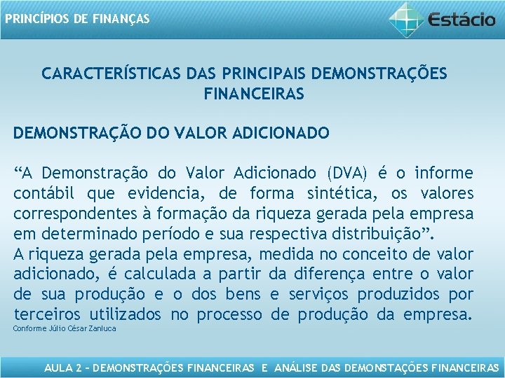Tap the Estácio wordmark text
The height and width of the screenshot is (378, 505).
(x=462, y=19)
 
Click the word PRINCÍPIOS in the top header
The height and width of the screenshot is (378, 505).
(x=34, y=19)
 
